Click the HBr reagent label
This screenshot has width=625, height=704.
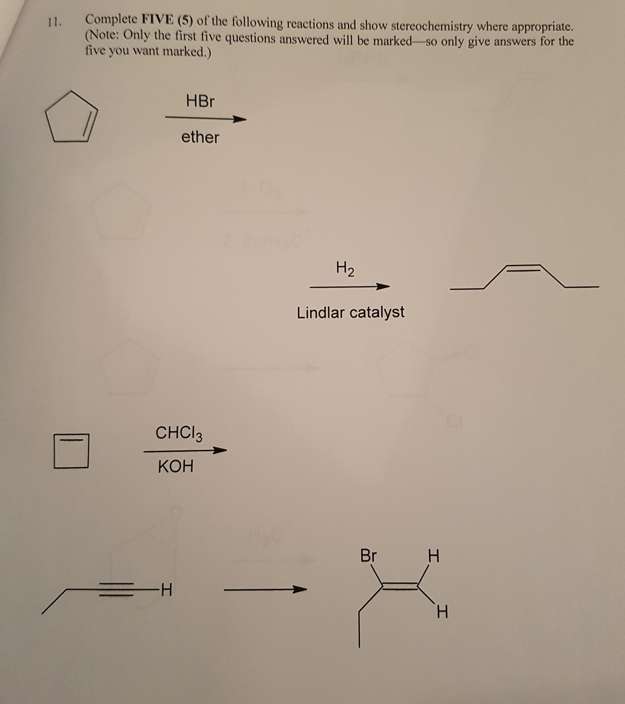[x=200, y=101]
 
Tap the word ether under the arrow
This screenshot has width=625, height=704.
[x=200, y=137]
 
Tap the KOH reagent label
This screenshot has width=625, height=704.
[x=175, y=467]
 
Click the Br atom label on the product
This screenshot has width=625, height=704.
[x=369, y=555]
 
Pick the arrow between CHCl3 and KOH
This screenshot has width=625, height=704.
[x=185, y=451]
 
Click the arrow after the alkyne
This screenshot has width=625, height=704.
[x=265, y=590]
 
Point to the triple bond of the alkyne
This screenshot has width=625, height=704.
[x=116, y=590]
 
